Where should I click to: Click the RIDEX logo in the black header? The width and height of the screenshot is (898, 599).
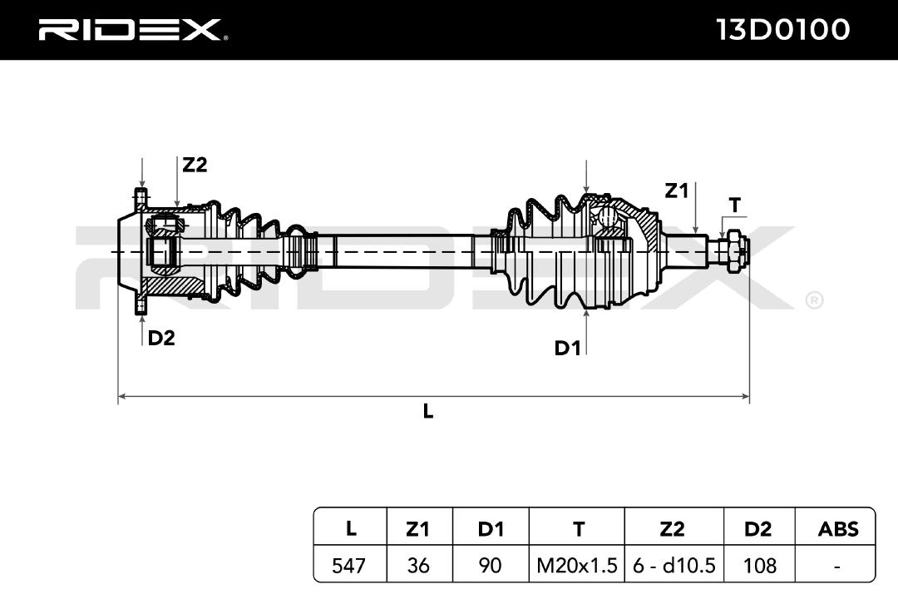coord(131,29)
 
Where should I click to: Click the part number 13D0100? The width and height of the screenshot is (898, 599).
coord(783,29)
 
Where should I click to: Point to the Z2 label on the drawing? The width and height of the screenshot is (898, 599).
coord(195,165)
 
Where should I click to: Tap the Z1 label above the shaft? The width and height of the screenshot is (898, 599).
coord(676,191)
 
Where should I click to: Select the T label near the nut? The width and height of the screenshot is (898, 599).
coord(735,205)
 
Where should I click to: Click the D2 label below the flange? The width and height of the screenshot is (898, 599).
coord(161,339)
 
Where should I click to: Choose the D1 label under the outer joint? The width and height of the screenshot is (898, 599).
coord(568,348)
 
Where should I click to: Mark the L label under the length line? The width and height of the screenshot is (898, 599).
coord(428,411)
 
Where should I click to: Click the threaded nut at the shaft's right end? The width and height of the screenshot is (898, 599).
coord(733,251)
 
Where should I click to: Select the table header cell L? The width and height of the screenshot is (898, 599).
coord(351,528)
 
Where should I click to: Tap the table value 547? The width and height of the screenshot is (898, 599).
coord(348,566)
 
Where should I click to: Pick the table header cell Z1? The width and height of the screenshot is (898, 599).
coord(417,528)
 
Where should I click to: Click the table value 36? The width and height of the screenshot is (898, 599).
coord(418,566)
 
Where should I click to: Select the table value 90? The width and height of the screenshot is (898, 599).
coord(491,566)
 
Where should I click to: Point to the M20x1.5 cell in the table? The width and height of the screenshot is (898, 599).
coord(577,566)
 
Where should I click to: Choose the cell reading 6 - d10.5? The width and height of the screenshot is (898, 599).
coord(674,566)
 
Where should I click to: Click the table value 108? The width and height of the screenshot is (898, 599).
coord(759,566)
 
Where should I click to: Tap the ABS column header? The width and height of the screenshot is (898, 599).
coord(838,528)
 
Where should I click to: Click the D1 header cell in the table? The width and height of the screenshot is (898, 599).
coord(491,528)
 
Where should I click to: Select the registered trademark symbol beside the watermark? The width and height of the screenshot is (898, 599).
coord(814,300)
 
